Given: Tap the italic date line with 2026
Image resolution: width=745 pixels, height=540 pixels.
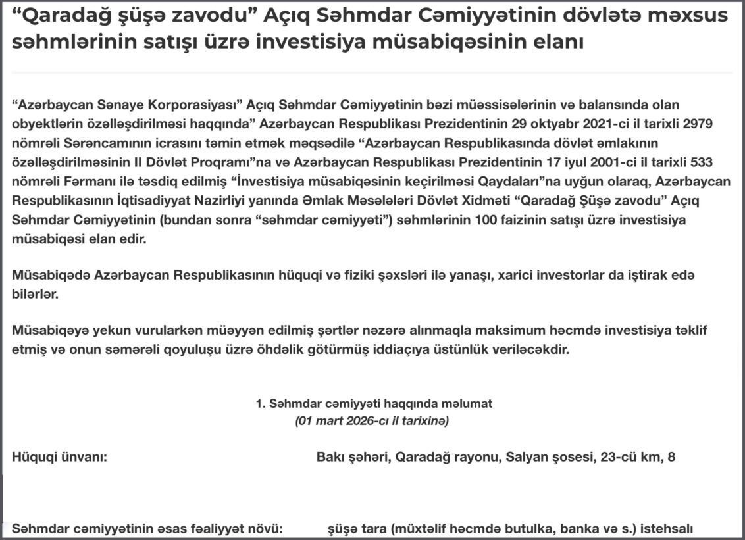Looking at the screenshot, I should (x=372, y=420).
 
